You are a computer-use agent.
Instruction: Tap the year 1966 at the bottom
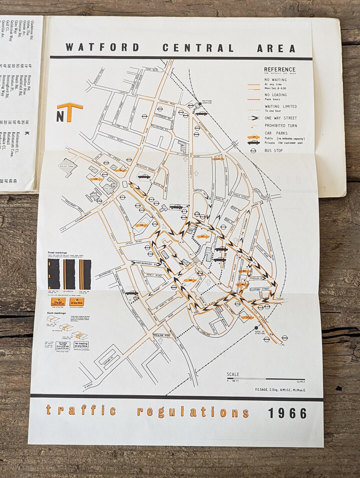(x=287, y=413)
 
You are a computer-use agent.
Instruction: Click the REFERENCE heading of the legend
(x=280, y=70)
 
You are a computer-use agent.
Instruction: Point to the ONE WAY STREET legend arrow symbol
(x=254, y=118)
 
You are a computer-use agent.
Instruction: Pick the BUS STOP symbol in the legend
(x=253, y=151)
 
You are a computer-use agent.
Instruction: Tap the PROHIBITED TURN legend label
(x=281, y=126)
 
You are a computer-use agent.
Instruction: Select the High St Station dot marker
(x=256, y=328)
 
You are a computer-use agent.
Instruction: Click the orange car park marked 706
(x=142, y=226)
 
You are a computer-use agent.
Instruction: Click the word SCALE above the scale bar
(x=233, y=374)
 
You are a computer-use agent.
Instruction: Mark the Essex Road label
(x=115, y=138)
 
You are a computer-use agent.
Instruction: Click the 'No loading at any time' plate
(x=81, y=344)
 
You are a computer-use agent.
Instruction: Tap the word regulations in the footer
(x=193, y=412)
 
